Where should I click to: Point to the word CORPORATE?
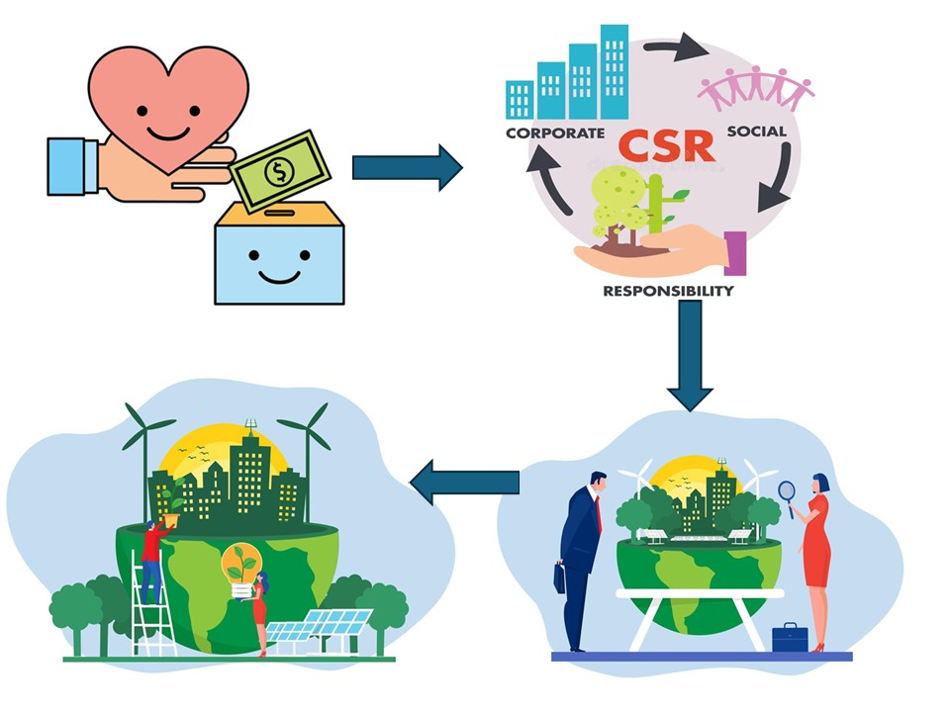point(554,133)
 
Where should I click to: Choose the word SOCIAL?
point(756,132)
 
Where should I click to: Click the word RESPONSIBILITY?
point(669,292)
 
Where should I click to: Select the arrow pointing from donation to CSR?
point(407,167)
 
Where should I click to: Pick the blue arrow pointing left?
point(464,482)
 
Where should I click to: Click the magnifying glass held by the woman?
point(787,490)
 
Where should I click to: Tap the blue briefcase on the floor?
point(790,638)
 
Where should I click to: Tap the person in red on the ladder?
point(152,559)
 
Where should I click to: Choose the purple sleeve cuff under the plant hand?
point(734,253)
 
